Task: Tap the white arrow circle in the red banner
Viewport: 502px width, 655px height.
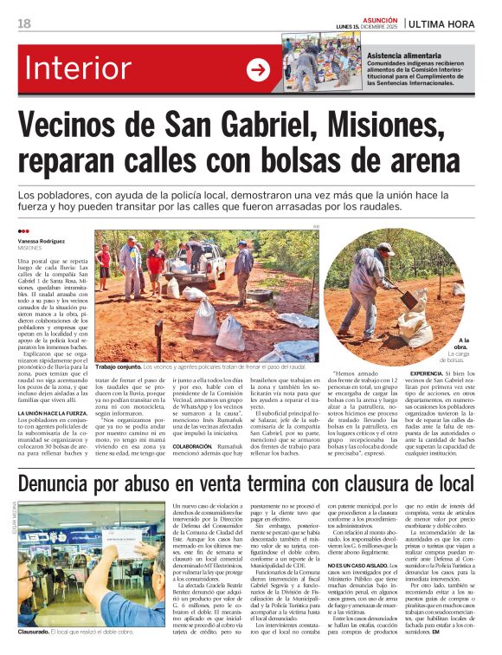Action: point(258,70)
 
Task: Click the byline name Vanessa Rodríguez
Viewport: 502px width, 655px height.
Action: point(40,240)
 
